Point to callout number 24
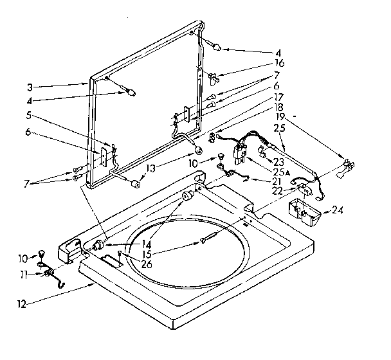338,210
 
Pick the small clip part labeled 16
214,78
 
